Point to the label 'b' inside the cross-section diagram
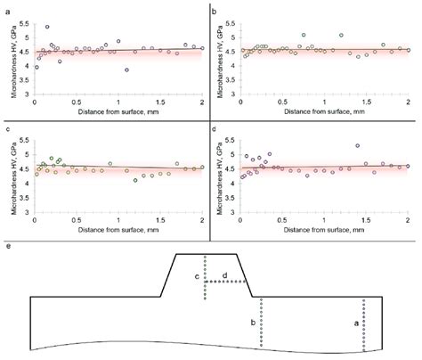click(x=253, y=321)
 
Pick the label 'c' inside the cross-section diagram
click(x=198, y=277)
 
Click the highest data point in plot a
click(x=47, y=27)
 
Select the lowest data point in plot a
click(x=126, y=70)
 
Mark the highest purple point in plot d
click(x=357, y=145)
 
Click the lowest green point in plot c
click(x=135, y=180)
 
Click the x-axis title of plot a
click(x=119, y=113)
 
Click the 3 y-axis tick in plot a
click(x=27, y=94)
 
